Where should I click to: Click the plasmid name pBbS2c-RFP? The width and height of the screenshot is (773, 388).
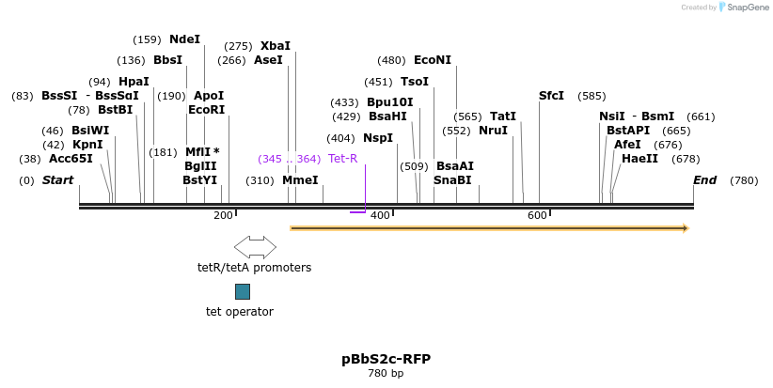(x=386, y=359)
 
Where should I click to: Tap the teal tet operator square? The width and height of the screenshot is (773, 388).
(x=243, y=291)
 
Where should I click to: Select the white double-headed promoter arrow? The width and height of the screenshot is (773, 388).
(x=255, y=247)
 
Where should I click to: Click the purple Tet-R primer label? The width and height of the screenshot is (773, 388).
(x=342, y=159)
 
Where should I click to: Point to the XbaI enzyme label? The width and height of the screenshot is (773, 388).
(x=276, y=46)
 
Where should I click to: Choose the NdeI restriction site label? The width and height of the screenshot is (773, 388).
(x=184, y=39)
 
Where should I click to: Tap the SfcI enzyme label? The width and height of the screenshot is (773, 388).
(x=551, y=96)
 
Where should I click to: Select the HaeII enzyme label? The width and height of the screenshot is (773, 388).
(x=639, y=159)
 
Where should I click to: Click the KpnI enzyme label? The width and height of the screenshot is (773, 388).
(x=87, y=145)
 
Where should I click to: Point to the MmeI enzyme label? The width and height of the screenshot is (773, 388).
(x=300, y=180)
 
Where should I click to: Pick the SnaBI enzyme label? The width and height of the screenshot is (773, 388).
(x=452, y=180)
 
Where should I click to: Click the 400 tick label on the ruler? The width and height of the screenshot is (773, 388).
(x=380, y=216)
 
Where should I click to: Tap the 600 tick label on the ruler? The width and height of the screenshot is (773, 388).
(x=537, y=216)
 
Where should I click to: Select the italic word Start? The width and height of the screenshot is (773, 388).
(x=57, y=180)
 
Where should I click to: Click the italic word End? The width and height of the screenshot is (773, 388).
(x=704, y=180)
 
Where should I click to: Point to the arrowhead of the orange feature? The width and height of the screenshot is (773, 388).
(x=685, y=228)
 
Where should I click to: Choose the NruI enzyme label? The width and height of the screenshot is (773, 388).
(x=493, y=131)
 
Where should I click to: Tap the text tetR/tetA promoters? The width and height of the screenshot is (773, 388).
(x=254, y=268)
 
